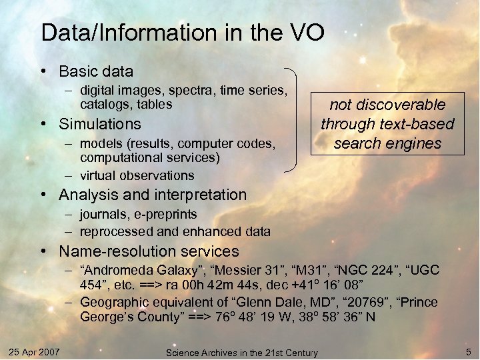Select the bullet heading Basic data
[96, 71]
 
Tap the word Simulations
[100, 124]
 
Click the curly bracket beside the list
[291, 120]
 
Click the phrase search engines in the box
[387, 143]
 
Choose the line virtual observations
[137, 176]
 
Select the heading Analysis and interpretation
[153, 195]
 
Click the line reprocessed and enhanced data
[175, 232]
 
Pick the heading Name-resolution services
[149, 252]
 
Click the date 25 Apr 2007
[35, 351]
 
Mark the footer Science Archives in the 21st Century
[241, 352]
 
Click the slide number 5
[469, 351]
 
